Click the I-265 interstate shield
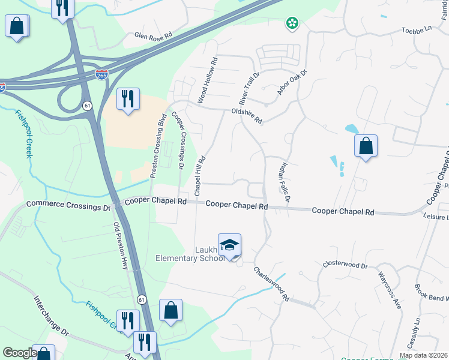103,74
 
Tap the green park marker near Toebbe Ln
292,24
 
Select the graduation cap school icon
229,245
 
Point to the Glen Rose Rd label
149,35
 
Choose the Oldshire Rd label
247,115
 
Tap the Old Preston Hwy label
121,245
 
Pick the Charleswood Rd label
271,284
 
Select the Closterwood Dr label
345,264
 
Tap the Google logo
20,353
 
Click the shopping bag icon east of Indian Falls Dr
366,146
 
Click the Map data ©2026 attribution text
423,355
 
